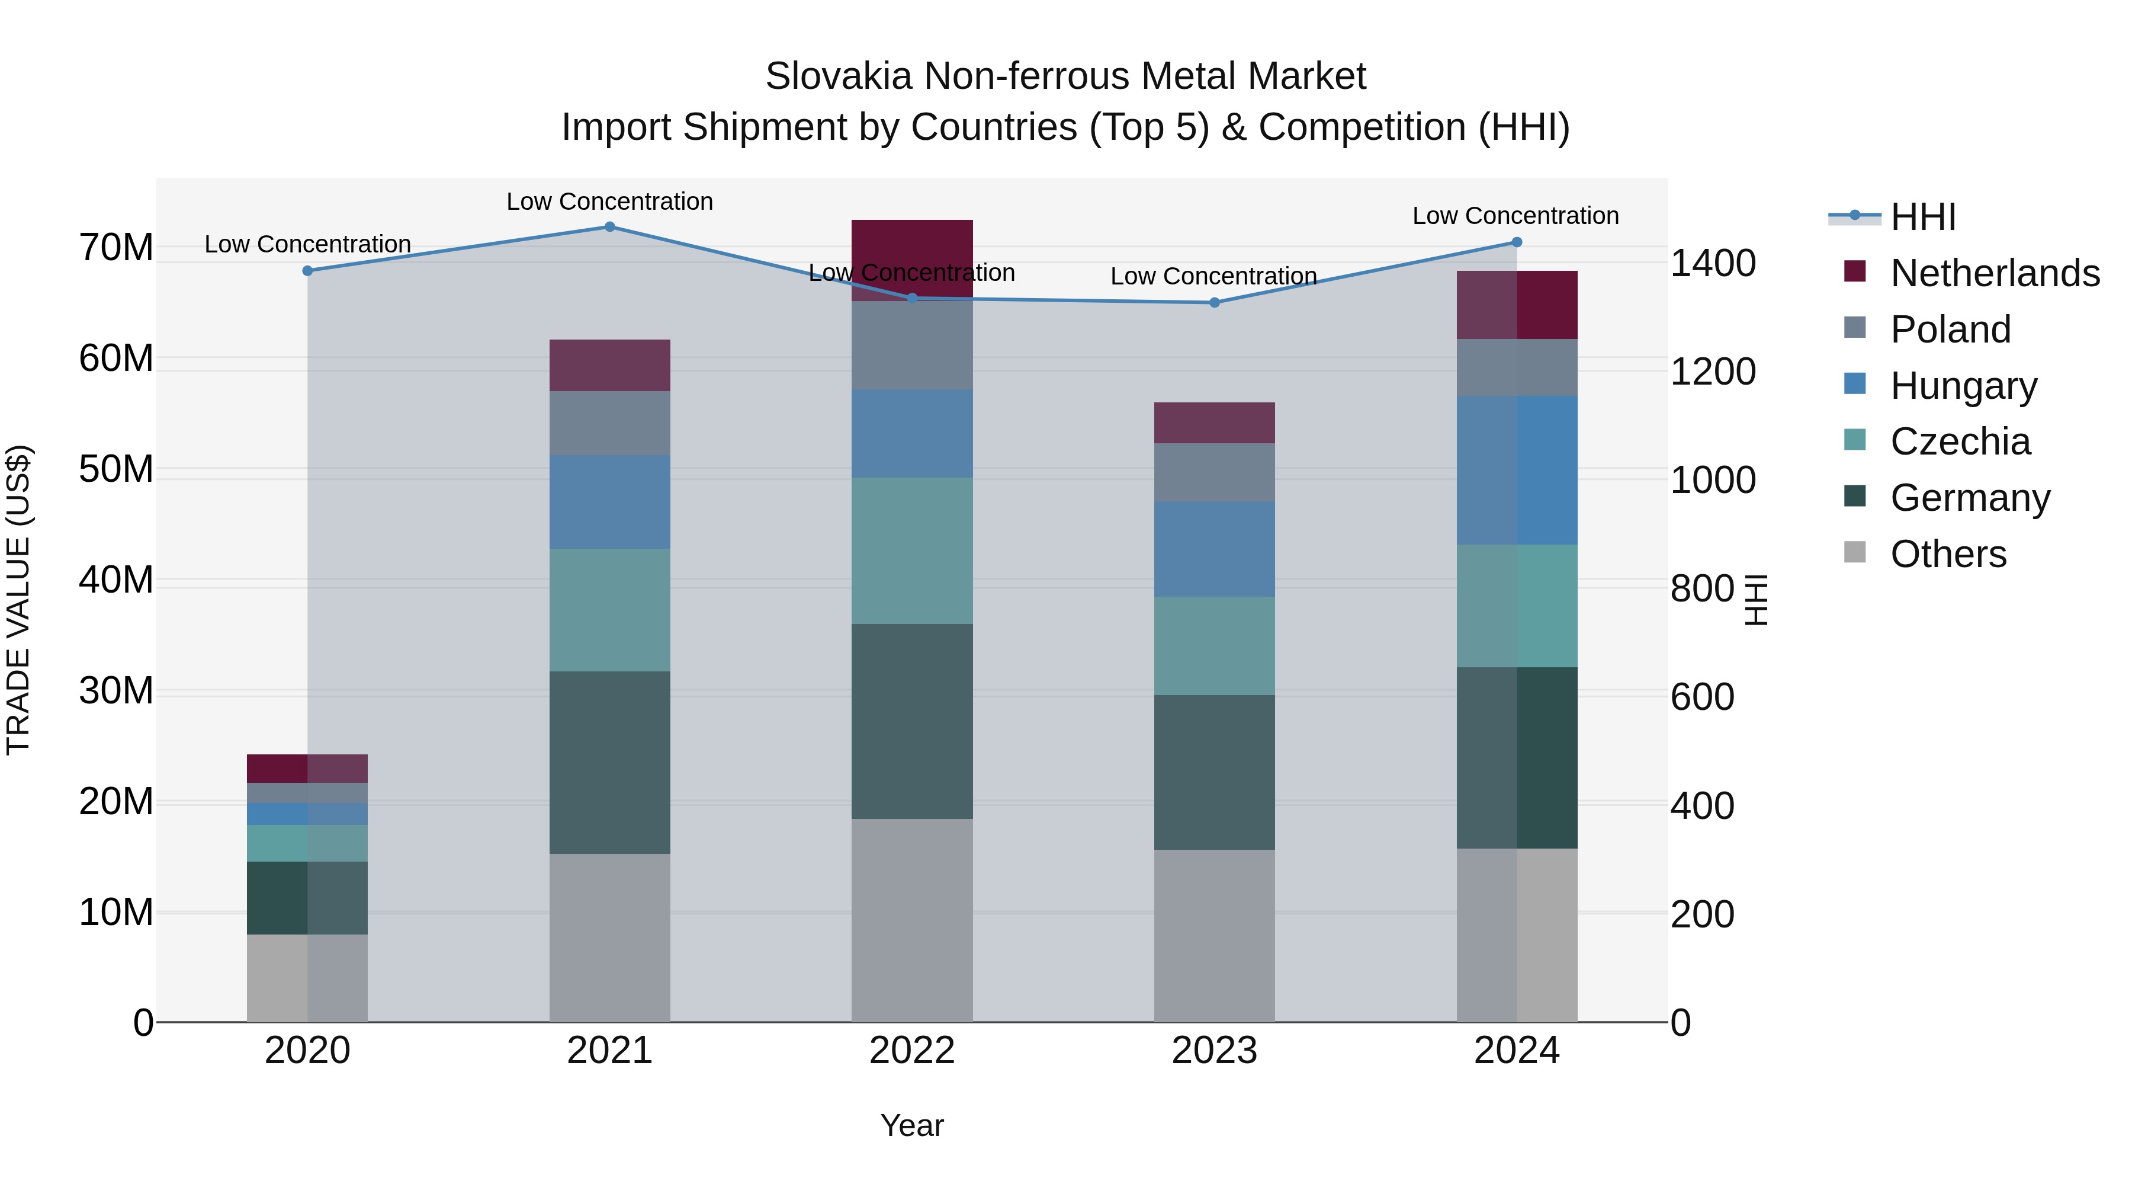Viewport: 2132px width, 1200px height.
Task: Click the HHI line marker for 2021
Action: (x=609, y=227)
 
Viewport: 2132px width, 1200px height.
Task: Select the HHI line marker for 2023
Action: (x=1214, y=303)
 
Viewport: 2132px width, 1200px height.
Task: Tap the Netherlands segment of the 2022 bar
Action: (x=912, y=248)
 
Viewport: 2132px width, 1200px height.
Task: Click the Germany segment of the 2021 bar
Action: (x=609, y=762)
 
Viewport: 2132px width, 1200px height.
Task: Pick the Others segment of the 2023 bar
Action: (x=1214, y=936)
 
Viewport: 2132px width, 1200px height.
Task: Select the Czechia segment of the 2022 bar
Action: (x=912, y=551)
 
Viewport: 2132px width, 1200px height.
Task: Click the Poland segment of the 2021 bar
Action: (x=609, y=423)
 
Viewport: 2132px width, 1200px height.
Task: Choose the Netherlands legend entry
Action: (x=1995, y=273)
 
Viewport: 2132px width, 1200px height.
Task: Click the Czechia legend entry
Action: (x=1960, y=441)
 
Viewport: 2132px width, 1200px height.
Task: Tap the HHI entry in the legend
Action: (x=1922, y=217)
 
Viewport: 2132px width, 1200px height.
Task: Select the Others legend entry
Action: (x=1948, y=554)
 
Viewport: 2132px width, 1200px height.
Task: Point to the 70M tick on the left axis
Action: (x=116, y=248)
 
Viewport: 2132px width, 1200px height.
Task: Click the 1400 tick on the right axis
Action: (x=1712, y=263)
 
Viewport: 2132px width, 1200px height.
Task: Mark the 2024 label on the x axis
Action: (x=1516, y=1051)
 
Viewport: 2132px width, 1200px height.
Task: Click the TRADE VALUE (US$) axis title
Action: (x=19, y=600)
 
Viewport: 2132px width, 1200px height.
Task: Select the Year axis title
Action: (x=911, y=1125)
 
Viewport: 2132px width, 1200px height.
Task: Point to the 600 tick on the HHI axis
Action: (x=1701, y=697)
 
